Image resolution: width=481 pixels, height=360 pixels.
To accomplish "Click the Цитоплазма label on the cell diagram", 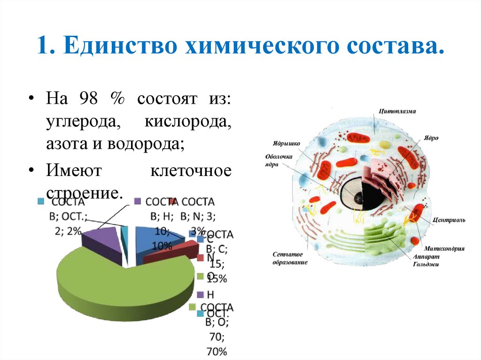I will coord(397,112).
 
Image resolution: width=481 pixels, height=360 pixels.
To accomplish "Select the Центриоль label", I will coord(449,219).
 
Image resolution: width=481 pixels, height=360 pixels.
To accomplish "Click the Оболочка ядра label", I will coord(279,161).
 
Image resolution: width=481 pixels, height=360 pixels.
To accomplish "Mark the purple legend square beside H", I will coord(200,295).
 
